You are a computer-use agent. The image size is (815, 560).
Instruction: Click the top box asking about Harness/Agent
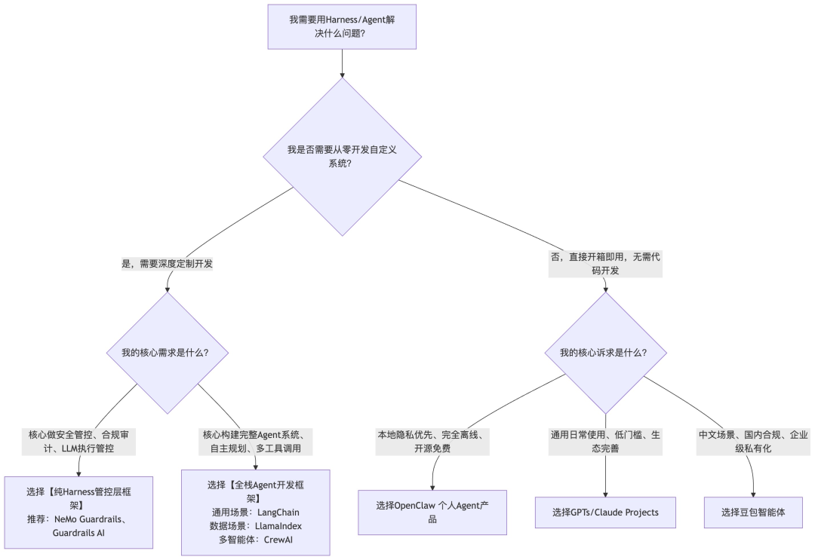[x=342, y=26]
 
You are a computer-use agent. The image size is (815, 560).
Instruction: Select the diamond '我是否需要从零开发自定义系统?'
[x=342, y=157]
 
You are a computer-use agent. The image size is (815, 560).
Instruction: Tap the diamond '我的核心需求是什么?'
[x=165, y=352]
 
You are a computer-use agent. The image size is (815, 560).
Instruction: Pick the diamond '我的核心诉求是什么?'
[x=605, y=352]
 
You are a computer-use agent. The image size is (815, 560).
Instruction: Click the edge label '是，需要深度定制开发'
[x=167, y=265]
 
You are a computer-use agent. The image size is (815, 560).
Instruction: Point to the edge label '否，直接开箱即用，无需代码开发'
[x=605, y=264]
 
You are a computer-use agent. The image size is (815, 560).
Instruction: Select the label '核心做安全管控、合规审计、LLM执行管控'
[x=79, y=442]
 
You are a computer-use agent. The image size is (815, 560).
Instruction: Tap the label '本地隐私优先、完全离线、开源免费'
[x=433, y=442]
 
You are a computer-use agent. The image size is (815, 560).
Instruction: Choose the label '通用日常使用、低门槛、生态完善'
[x=605, y=442]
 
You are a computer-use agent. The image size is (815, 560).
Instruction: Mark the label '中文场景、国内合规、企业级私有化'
[x=753, y=442]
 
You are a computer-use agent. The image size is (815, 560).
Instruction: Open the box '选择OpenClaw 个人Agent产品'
[x=432, y=512]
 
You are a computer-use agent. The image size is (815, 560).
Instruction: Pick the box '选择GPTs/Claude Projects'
[x=605, y=513]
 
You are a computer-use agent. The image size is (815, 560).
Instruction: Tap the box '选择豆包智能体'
[x=753, y=513]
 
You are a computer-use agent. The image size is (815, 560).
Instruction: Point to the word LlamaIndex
[x=279, y=525]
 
